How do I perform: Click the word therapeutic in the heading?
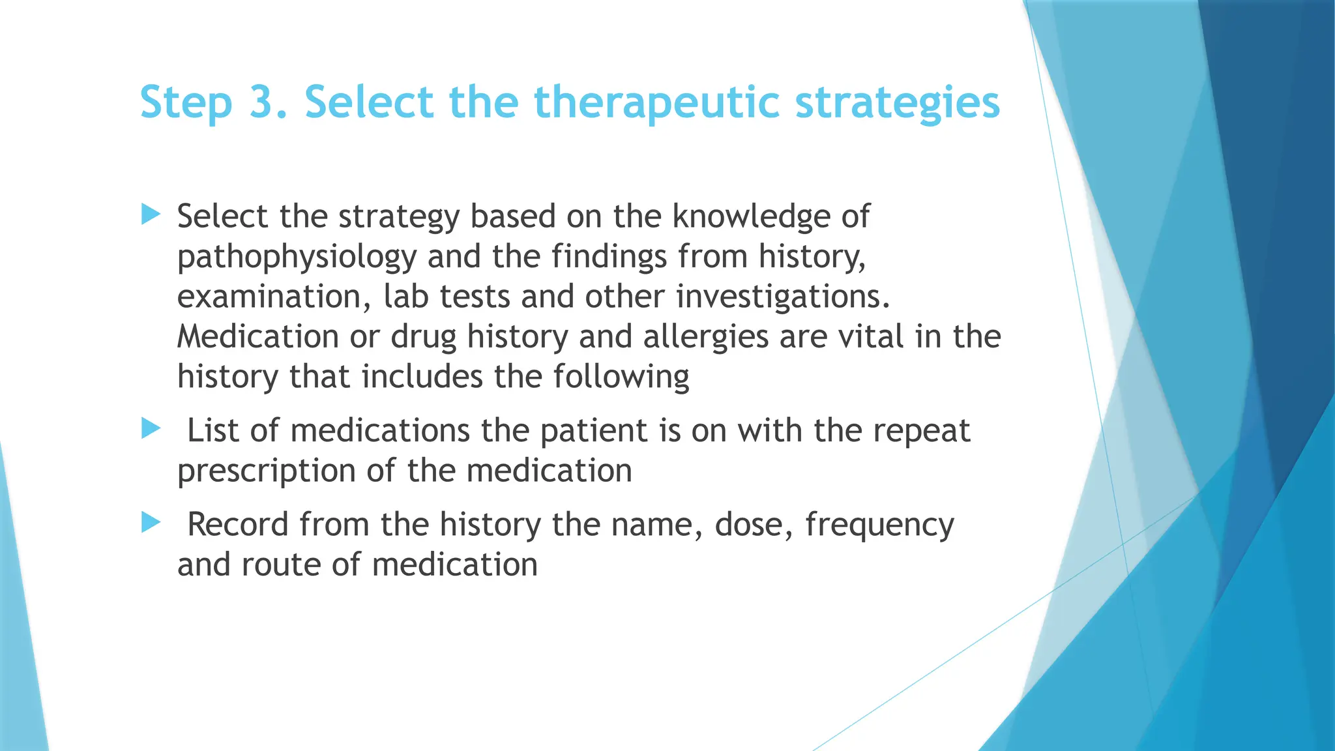click(656, 102)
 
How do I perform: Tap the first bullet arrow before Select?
click(151, 214)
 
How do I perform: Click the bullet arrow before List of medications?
click(151, 428)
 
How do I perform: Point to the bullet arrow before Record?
click(151, 522)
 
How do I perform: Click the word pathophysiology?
click(297, 257)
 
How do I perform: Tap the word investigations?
click(782, 297)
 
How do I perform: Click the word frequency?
click(879, 525)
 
